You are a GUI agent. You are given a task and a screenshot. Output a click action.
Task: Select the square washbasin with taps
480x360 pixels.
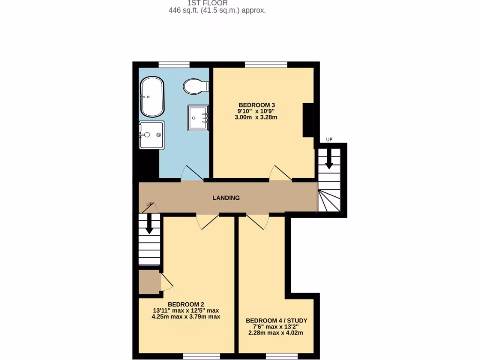[x=198, y=118]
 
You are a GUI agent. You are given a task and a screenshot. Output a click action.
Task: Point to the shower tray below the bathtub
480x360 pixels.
[x=151, y=135]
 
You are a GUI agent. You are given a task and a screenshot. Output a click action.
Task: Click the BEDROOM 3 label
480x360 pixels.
[x=256, y=105]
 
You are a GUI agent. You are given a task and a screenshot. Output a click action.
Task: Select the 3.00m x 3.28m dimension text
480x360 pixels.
[x=256, y=118]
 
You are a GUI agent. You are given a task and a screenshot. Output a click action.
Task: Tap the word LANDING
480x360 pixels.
[x=226, y=198]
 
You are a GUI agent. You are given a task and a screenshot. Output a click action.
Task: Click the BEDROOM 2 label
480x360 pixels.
[x=186, y=304]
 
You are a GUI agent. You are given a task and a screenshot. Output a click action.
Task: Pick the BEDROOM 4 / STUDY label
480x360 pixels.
[x=277, y=321]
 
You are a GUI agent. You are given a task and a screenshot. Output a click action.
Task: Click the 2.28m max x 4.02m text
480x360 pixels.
[x=276, y=333]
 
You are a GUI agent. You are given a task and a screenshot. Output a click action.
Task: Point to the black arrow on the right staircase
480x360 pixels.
[x=329, y=159]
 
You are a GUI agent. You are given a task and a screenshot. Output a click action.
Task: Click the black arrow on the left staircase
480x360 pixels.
[x=150, y=224]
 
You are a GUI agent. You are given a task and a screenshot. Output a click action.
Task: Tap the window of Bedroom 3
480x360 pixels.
[x=266, y=64]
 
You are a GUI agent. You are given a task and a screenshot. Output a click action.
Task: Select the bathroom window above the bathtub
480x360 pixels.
[x=174, y=64]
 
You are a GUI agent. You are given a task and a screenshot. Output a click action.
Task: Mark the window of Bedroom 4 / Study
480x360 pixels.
[x=282, y=356]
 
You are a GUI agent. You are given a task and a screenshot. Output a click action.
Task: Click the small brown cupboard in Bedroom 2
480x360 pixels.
[x=149, y=282]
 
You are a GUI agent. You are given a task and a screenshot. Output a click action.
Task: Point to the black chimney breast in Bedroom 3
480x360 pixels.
[x=308, y=120]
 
